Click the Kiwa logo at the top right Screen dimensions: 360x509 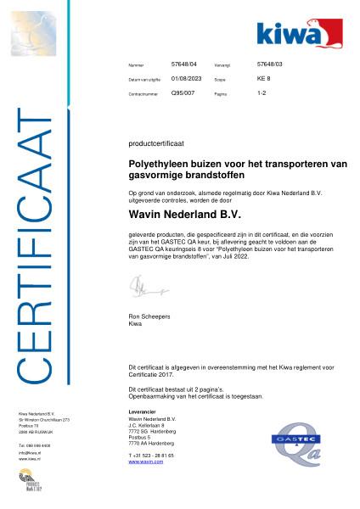299,33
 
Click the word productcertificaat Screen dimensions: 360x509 149,145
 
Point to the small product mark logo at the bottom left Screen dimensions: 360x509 32,484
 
